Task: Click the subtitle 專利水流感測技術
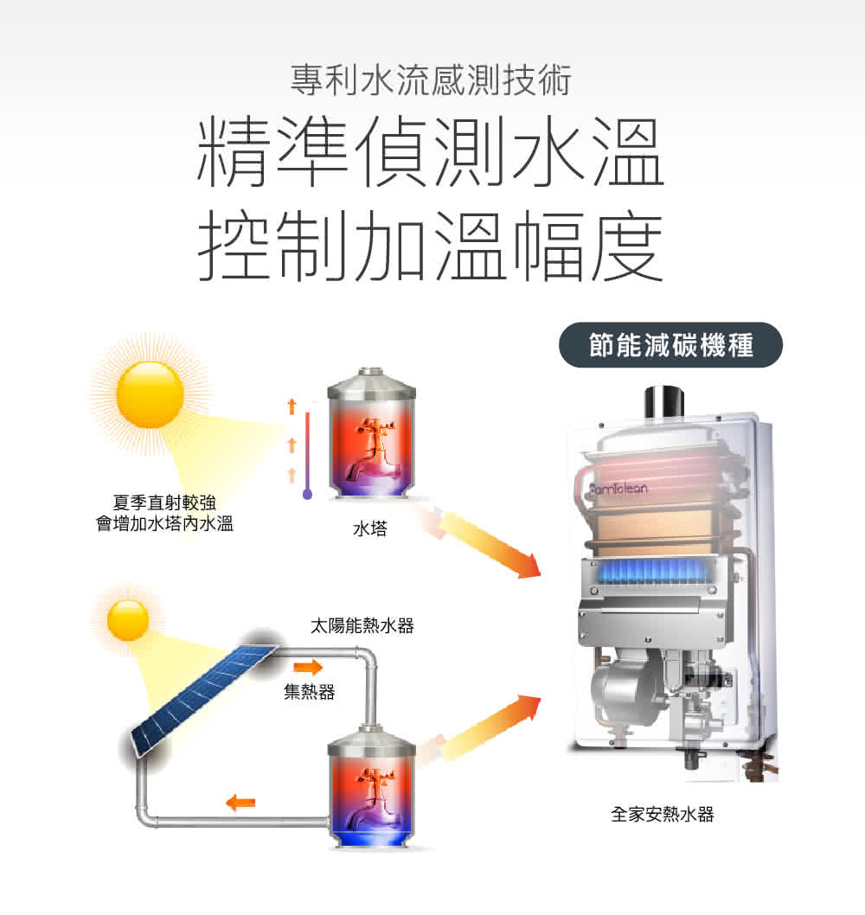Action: (x=432, y=82)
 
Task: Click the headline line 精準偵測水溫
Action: (x=432, y=157)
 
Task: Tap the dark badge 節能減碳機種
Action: (x=670, y=346)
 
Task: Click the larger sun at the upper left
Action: (x=150, y=394)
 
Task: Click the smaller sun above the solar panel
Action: (x=128, y=620)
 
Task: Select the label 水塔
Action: (x=369, y=528)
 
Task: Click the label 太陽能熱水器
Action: (x=362, y=626)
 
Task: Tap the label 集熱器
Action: (x=309, y=692)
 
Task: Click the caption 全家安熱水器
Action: (x=663, y=814)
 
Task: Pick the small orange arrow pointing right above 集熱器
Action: (x=307, y=667)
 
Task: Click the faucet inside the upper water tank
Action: (x=369, y=451)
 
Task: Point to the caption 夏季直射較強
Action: (x=163, y=502)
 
